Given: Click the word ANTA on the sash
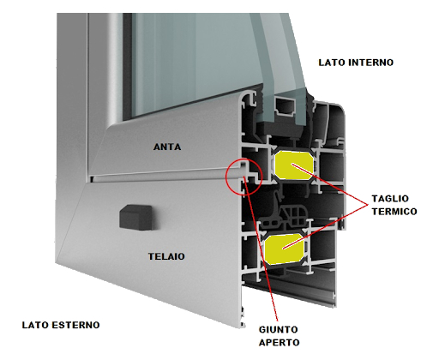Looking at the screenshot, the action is pyautogui.click(x=167, y=147).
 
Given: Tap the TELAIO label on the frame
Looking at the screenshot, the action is pyautogui.click(x=166, y=256).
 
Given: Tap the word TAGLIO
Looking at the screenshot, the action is pyautogui.click(x=390, y=198).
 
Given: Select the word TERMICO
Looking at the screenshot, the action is pyautogui.click(x=394, y=211).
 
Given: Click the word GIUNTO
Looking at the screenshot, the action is pyautogui.click(x=279, y=329).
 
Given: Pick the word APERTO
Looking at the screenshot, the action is pyautogui.click(x=279, y=342).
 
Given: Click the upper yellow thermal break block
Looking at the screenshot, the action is pyautogui.click(x=293, y=165).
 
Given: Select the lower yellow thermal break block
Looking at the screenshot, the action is pyautogui.click(x=284, y=249).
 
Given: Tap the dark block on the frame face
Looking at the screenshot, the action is pyautogui.click(x=135, y=217).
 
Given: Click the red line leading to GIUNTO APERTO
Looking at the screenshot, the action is pyautogui.click(x=261, y=248).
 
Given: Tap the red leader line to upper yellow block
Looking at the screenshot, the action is pyautogui.click(x=329, y=184).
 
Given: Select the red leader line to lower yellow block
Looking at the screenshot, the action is pyautogui.click(x=325, y=226).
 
